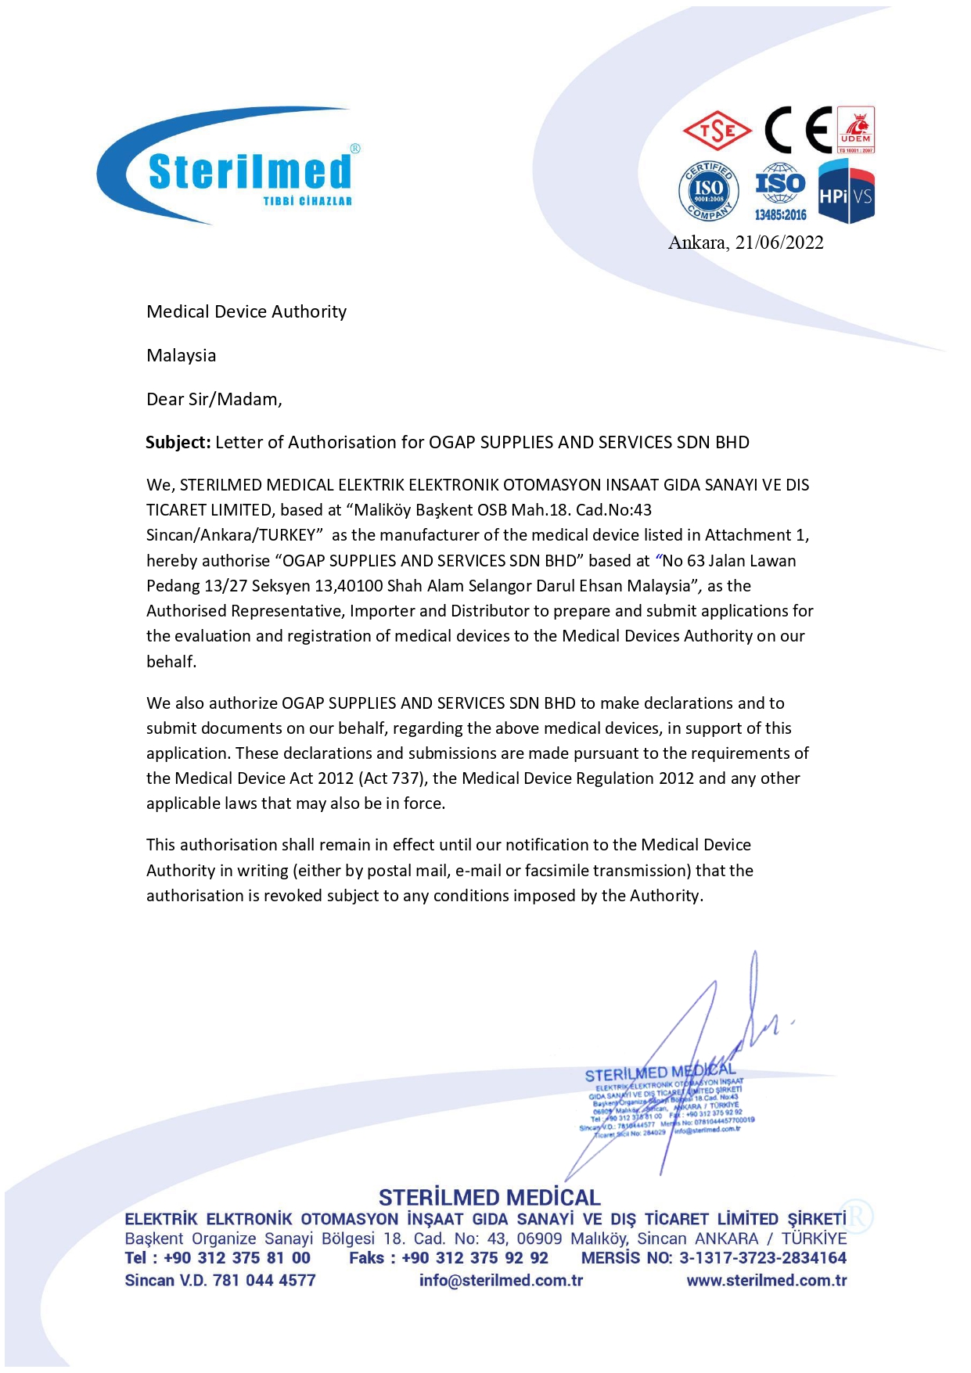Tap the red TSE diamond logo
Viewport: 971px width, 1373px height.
point(717,131)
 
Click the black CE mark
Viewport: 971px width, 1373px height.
point(797,130)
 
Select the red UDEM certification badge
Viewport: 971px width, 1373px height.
point(856,130)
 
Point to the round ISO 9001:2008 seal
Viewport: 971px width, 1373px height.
point(708,190)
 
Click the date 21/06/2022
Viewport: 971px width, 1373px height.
point(779,243)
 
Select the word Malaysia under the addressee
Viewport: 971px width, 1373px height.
point(182,355)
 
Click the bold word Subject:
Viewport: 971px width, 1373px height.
point(178,442)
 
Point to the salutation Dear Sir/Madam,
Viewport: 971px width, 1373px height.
point(214,399)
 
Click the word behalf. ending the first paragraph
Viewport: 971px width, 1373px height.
point(171,662)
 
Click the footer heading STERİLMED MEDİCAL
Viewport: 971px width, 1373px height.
point(490,1198)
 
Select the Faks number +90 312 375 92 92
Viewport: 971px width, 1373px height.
point(475,1258)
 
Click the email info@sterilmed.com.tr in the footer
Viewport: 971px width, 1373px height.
point(501,1281)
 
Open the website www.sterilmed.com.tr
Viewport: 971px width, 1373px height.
point(767,1281)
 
